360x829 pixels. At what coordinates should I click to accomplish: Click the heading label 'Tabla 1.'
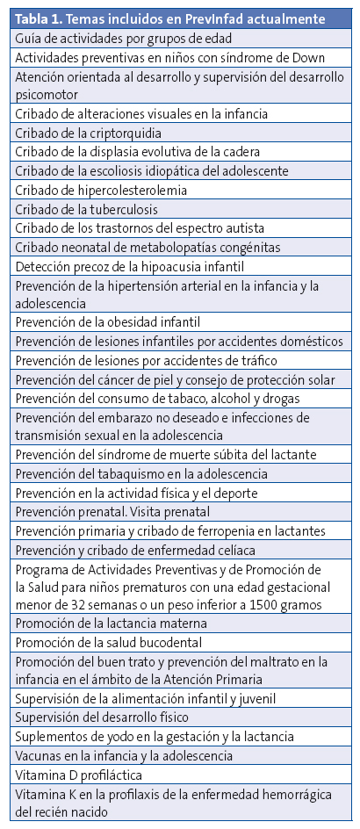tap(41, 18)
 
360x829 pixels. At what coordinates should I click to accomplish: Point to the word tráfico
tap(255, 361)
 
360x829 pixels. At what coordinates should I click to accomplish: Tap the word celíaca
tap(232, 551)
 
